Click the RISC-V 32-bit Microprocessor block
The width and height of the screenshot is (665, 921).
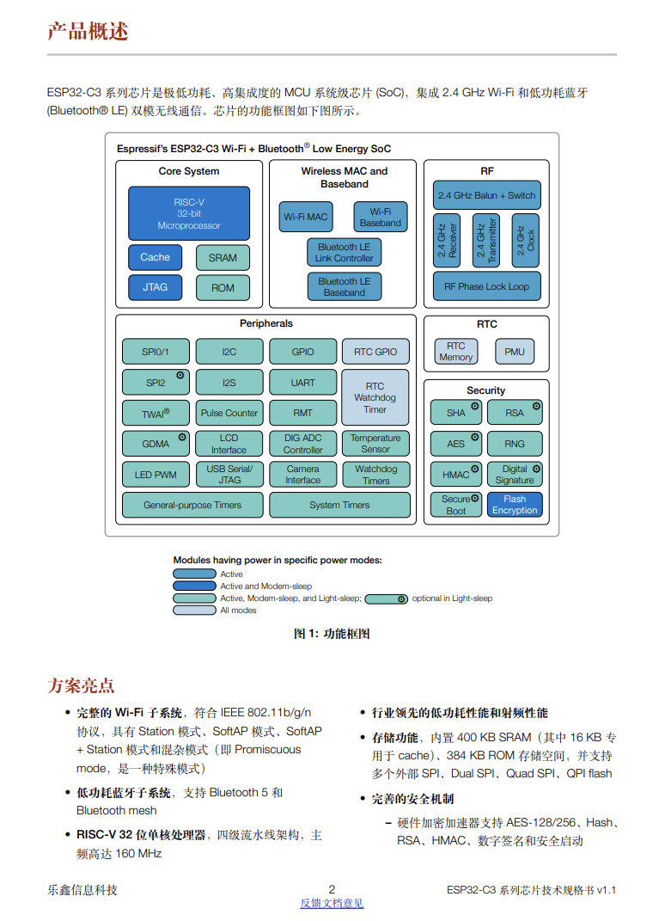click(189, 213)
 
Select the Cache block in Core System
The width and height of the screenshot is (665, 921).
click(156, 257)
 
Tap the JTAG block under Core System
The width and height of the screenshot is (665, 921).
click(156, 287)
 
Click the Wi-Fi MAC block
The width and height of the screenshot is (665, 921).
click(306, 217)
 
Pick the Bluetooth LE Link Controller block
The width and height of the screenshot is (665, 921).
click(345, 252)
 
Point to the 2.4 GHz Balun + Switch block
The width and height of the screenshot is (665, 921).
click(486, 195)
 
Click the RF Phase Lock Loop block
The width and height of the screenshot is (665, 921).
click(486, 286)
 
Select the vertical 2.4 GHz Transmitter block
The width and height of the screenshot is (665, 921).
click(486, 241)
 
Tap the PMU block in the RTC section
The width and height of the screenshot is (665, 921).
click(514, 352)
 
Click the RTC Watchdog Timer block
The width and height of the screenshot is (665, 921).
click(375, 398)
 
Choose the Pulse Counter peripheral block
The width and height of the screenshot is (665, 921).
click(229, 413)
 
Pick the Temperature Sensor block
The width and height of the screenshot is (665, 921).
click(375, 444)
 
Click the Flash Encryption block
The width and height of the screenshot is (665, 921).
click(515, 505)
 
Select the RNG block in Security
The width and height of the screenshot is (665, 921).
click(515, 444)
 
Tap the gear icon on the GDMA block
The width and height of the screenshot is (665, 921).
click(182, 437)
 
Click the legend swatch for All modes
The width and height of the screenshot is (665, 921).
click(194, 611)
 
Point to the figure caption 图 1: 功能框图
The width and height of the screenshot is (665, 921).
click(332, 634)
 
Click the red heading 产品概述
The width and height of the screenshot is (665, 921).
click(88, 32)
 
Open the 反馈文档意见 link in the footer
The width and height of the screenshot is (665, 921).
click(332, 903)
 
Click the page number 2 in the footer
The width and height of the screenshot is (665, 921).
click(332, 889)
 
